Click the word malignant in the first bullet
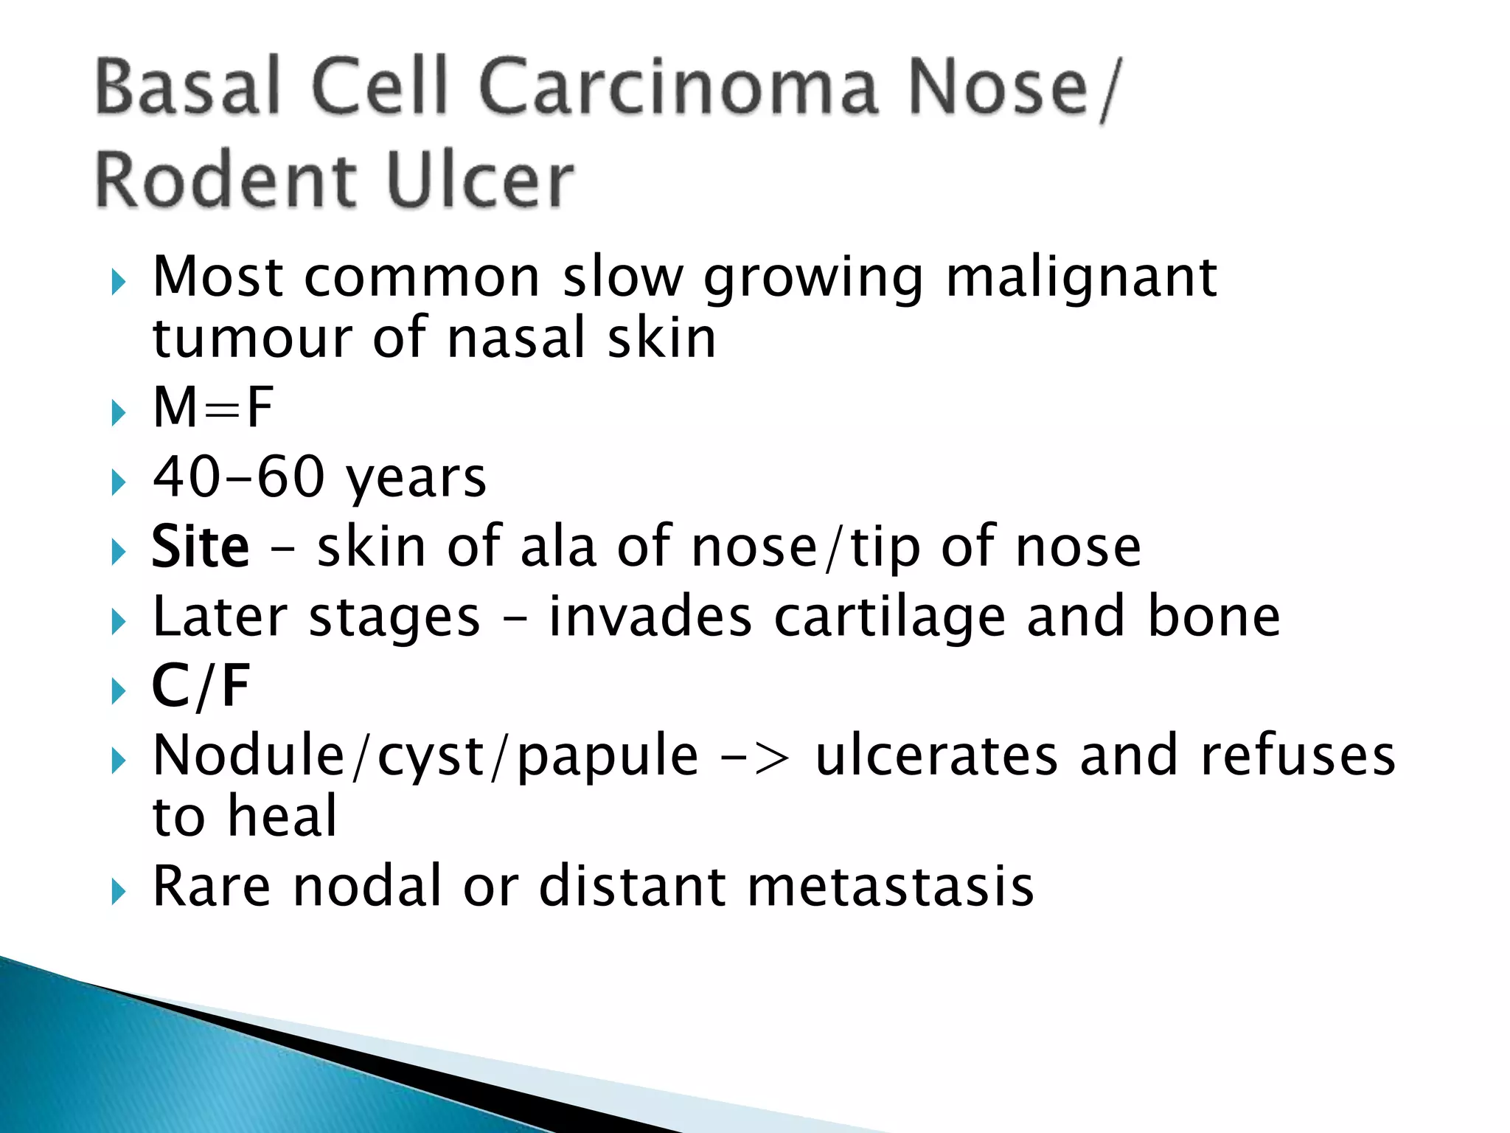(1081, 279)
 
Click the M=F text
(213, 407)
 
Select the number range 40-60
(238, 477)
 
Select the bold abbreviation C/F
(201, 686)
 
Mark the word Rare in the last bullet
(212, 886)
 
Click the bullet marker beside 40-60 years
(118, 484)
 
